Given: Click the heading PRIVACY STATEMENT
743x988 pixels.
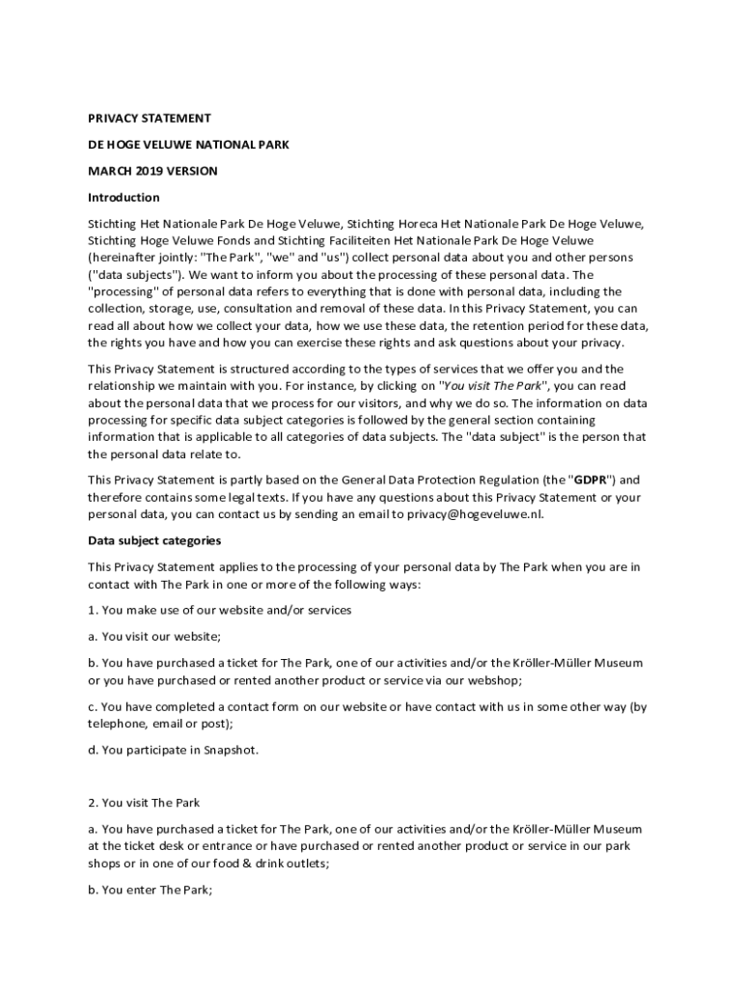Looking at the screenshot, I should tap(150, 118).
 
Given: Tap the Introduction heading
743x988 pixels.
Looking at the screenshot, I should tap(124, 198).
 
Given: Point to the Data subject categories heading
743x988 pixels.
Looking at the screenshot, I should tap(154, 540).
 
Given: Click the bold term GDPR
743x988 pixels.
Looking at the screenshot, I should tap(591, 480).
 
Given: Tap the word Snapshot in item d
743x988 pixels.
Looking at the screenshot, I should tap(230, 750).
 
